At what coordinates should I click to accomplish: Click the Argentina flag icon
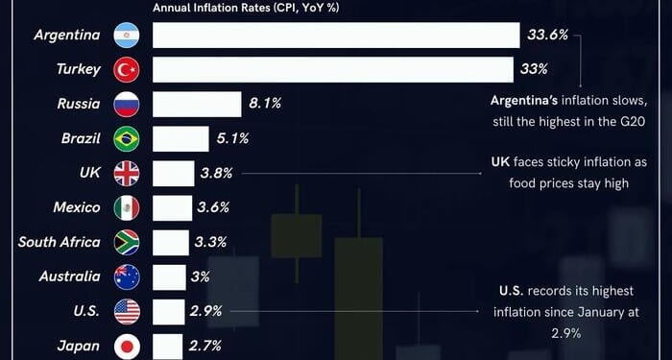127,36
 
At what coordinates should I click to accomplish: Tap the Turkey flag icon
127,70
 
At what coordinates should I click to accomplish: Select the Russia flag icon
127,105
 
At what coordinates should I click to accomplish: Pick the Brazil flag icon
127,139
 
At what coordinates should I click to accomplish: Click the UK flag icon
127,174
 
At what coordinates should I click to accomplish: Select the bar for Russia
197,105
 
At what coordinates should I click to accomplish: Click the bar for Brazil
180,139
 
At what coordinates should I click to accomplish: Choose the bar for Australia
169,277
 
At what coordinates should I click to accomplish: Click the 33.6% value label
548,36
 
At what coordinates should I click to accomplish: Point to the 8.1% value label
264,105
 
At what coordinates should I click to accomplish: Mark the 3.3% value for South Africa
211,242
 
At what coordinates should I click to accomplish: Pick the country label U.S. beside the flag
85,312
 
